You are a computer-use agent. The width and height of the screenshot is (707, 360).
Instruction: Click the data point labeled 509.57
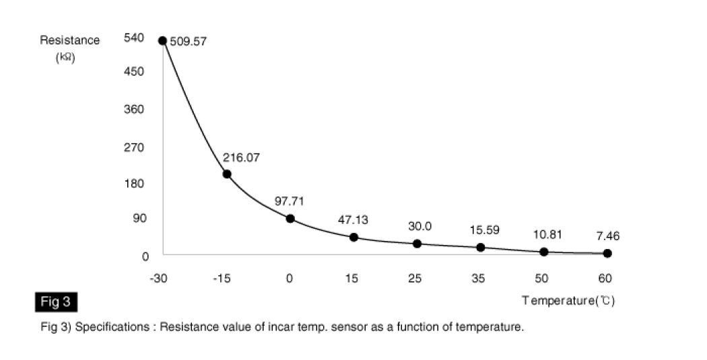[x=162, y=41]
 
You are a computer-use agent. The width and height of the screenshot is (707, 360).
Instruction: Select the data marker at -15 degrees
[x=227, y=174]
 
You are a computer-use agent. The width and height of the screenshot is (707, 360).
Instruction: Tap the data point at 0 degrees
[x=290, y=219]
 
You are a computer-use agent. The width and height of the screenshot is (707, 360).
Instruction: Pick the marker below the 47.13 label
[x=353, y=237]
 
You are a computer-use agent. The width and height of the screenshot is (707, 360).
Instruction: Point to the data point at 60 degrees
[x=607, y=253]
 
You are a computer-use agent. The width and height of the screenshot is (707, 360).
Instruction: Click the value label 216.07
[x=242, y=157]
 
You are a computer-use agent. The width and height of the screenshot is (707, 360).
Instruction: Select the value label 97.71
[x=290, y=201]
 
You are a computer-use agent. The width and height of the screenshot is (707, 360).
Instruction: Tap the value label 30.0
[x=419, y=226]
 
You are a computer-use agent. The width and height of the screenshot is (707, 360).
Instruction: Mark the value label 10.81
[x=547, y=235]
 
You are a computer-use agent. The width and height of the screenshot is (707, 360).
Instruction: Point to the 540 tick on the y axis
[x=133, y=38]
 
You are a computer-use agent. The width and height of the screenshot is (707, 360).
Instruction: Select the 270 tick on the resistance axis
[x=133, y=147]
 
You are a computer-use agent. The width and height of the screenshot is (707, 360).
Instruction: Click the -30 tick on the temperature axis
[x=160, y=278]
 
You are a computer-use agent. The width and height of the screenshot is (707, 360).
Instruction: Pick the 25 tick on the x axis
[x=415, y=278]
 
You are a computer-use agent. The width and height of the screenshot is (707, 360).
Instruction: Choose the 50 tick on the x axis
[x=543, y=278]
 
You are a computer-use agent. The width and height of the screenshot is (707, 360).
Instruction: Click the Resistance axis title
[x=69, y=40]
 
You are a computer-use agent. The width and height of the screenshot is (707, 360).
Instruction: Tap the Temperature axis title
[x=568, y=301]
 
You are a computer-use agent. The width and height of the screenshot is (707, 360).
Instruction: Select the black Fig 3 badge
[x=55, y=301]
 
